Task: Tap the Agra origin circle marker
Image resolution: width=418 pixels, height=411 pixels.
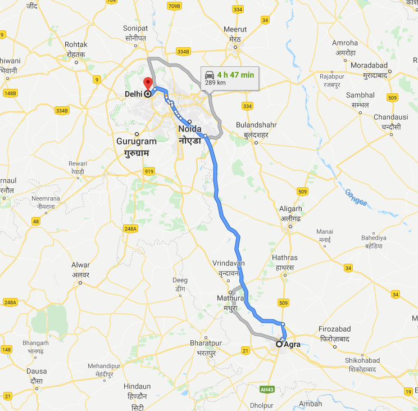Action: [x=279, y=344]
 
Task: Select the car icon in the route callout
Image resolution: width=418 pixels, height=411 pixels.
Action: [x=210, y=75]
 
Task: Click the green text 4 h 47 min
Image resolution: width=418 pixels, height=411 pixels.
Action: [x=236, y=75]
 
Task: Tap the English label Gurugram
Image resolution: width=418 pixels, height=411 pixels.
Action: [x=137, y=141]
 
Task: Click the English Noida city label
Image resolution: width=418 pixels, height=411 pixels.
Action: [x=189, y=129]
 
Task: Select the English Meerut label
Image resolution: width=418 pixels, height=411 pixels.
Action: [x=235, y=29]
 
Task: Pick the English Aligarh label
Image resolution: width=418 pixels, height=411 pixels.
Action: [x=290, y=209]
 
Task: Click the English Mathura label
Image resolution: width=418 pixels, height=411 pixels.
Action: [x=230, y=297]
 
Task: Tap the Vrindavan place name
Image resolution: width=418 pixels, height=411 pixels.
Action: [x=229, y=263]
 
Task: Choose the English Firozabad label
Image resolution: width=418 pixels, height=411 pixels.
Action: [x=334, y=328]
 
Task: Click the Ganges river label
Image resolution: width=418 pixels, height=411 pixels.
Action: [x=355, y=196]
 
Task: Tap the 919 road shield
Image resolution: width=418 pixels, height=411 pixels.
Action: [x=148, y=171]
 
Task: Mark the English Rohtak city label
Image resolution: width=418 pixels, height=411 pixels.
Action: [x=76, y=44]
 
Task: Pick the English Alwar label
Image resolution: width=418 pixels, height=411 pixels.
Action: [x=80, y=265]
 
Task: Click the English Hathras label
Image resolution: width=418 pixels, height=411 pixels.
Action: [x=284, y=258]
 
